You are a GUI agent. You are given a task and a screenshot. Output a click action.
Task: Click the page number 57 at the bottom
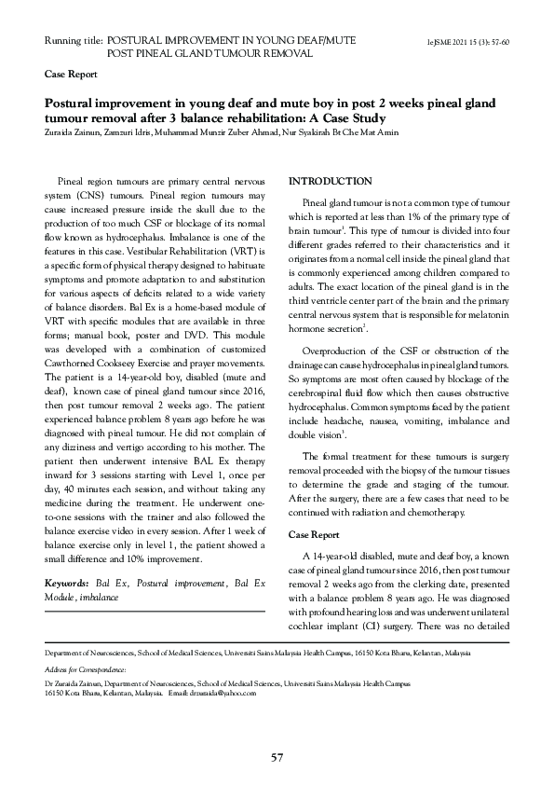tap(277, 756)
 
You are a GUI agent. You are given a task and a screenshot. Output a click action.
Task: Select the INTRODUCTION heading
tap(331, 180)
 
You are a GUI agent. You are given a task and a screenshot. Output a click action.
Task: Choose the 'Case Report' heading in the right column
tap(314, 535)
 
